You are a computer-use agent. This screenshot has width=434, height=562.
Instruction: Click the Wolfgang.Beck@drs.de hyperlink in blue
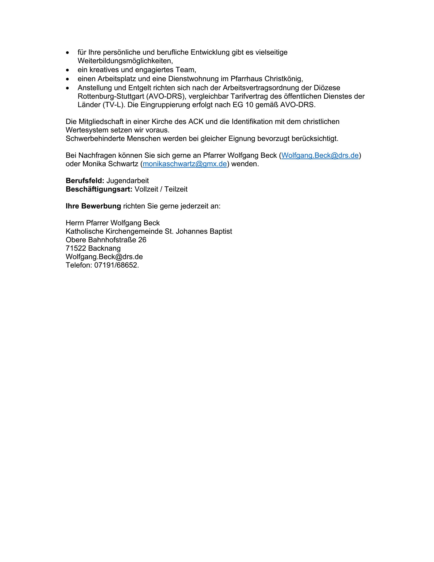coord(320,155)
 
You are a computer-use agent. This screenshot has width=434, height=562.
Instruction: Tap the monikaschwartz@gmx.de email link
coord(185,164)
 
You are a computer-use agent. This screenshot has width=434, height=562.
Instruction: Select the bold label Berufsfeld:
coord(85,181)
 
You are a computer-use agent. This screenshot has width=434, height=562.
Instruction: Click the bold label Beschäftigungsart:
coord(99,189)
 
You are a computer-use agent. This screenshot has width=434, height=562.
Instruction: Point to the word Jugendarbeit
coord(128,181)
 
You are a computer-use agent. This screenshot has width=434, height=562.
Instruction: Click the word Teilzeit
coord(176,189)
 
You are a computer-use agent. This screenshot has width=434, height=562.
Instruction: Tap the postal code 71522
coord(76,248)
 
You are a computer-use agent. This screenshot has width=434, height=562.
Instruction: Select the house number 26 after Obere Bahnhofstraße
coord(142,240)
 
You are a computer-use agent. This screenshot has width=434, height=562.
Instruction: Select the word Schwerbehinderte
coord(95,139)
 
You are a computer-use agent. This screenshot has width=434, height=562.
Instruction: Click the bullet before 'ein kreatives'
coord(68,70)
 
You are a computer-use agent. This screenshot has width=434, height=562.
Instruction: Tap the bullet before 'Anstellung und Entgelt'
coord(68,88)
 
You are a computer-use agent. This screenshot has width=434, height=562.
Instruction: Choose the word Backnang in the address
coord(104,248)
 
